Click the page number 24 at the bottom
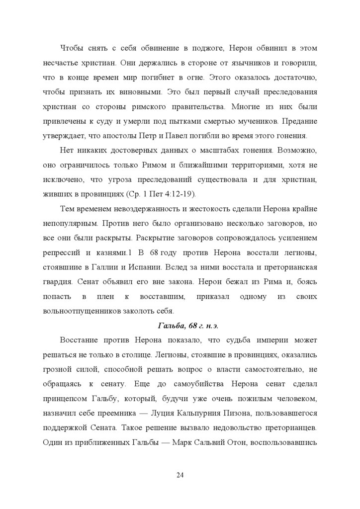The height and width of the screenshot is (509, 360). click(180, 475)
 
